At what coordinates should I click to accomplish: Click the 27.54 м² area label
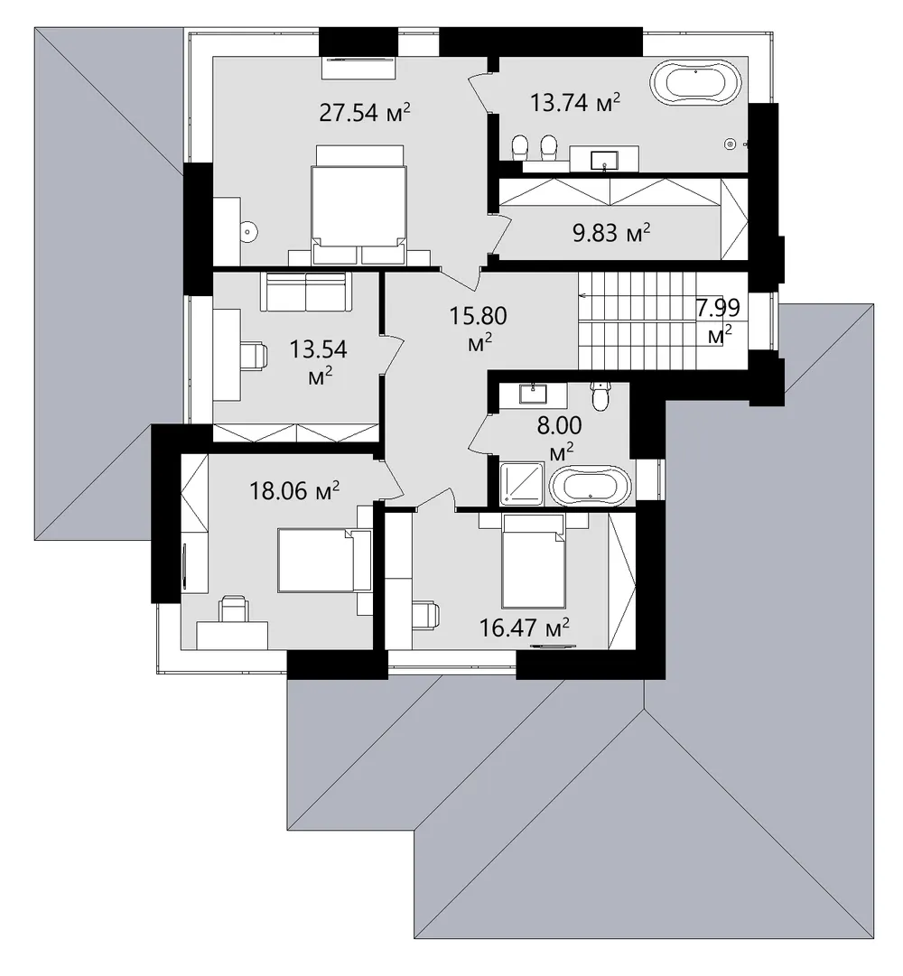point(365,113)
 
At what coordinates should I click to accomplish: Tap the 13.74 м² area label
point(575,102)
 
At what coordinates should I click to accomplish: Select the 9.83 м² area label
point(611,233)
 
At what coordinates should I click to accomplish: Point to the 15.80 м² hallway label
point(478,328)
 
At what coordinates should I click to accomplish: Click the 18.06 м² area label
point(294,491)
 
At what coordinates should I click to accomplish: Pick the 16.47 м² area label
point(524,627)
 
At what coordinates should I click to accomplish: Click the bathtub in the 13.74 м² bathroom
point(696,81)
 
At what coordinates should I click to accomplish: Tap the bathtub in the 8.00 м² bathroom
point(591,488)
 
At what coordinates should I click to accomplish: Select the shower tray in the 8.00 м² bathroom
point(523,483)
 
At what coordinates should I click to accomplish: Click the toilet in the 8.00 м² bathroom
point(600,396)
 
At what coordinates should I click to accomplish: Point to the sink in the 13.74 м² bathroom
point(604,159)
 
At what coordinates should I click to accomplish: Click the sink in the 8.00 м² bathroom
point(533,394)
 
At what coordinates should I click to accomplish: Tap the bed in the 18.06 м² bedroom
point(323,560)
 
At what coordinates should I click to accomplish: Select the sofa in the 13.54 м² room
point(306,292)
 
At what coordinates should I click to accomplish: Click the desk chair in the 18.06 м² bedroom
point(233,609)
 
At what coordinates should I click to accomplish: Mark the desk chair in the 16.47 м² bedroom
point(426,615)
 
